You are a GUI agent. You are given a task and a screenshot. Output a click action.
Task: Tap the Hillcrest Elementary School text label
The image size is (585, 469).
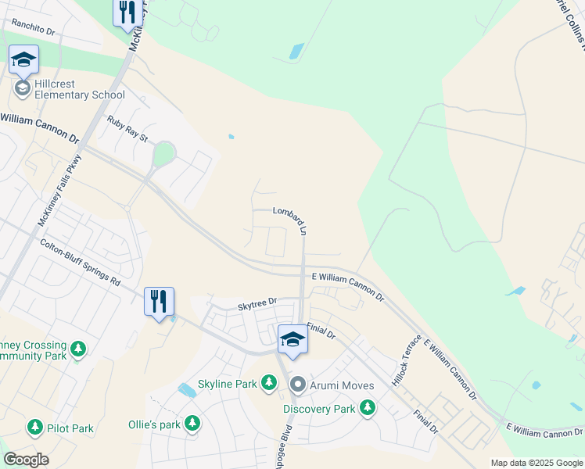tap(79, 89)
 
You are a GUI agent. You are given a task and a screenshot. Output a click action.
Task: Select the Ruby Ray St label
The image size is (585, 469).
tap(128, 129)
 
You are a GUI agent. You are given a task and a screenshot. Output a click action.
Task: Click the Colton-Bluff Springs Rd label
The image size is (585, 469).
tap(81, 262)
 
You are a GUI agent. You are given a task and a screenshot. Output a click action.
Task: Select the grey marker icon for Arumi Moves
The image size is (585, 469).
tap(297, 385)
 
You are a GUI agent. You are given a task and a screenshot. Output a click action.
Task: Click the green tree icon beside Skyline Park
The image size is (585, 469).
tap(269, 383)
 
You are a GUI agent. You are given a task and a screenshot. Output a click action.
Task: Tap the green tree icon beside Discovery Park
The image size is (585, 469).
tap(367, 408)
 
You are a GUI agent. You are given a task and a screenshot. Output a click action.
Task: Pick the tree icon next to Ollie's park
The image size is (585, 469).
tap(191, 424)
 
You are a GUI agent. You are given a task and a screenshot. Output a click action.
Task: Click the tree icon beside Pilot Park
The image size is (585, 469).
tap(35, 428)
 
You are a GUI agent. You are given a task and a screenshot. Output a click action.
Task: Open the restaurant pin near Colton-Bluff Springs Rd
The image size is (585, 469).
tap(159, 302)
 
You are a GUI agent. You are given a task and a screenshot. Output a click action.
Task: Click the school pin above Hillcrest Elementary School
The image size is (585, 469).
tap(23, 60)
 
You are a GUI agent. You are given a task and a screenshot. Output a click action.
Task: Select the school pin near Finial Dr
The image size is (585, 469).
tap(292, 339)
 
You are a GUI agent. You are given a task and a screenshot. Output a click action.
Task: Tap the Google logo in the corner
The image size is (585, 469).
tap(26, 459)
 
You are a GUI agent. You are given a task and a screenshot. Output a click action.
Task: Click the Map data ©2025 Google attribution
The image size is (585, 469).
tap(537, 463)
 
